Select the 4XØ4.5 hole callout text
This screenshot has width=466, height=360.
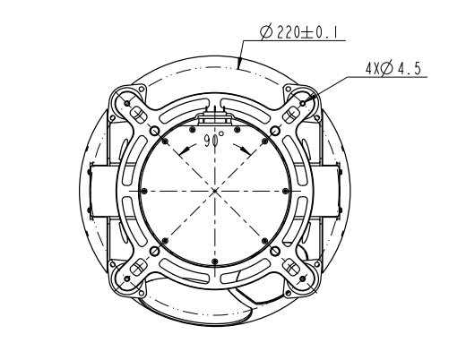393,67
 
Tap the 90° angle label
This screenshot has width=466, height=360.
214,140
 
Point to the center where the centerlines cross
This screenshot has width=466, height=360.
215,191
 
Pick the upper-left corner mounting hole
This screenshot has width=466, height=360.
128,103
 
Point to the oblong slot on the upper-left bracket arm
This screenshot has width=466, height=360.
140,115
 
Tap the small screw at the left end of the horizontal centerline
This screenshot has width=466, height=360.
144,191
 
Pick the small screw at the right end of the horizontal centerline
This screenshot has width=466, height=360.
286,191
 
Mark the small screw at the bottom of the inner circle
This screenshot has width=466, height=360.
215,261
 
